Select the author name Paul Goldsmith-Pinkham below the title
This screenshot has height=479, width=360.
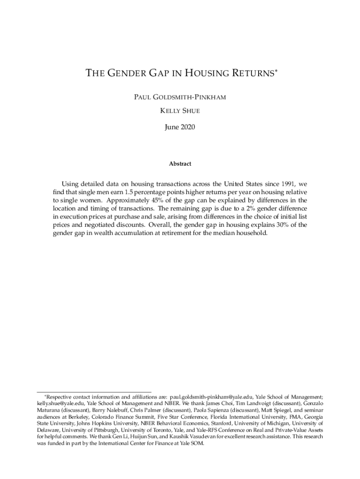[180, 99]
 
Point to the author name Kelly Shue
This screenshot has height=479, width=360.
[180, 113]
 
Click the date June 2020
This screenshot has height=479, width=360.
[180, 127]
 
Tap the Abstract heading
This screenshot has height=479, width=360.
[180, 164]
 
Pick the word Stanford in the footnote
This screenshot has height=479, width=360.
[211, 423]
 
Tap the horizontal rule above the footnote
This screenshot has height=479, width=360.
[94, 392]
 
